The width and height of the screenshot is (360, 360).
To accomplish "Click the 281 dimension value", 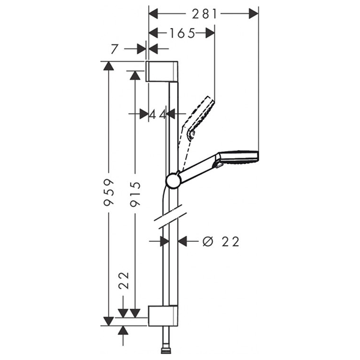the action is pyautogui.click(x=205, y=14).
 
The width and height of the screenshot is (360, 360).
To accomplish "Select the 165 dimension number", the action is pyautogui.click(x=182, y=34).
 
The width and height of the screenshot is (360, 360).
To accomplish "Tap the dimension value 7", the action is pyautogui.click(x=115, y=49).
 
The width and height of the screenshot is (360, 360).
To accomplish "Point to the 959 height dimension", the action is pyautogui.click(x=109, y=192).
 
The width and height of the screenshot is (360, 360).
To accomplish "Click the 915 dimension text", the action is pyautogui.click(x=135, y=194).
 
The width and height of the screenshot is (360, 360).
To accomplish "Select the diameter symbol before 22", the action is pyautogui.click(x=208, y=242).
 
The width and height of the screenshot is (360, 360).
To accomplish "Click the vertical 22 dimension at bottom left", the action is pyautogui.click(x=124, y=280).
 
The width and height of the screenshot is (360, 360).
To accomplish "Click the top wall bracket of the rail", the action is pyautogui.click(x=162, y=71).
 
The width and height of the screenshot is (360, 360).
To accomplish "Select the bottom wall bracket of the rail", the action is pyautogui.click(x=163, y=316).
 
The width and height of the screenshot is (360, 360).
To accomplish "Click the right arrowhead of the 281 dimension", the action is pyautogui.click(x=253, y=14).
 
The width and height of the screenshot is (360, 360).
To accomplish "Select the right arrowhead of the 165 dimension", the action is pyautogui.click(x=210, y=33).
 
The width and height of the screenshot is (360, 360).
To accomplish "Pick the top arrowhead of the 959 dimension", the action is pyautogui.click(x=109, y=65).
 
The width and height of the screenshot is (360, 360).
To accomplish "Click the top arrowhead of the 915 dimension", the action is pyautogui.click(x=135, y=76).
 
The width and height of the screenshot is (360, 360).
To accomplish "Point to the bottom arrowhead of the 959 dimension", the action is pyautogui.click(x=109, y=322).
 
